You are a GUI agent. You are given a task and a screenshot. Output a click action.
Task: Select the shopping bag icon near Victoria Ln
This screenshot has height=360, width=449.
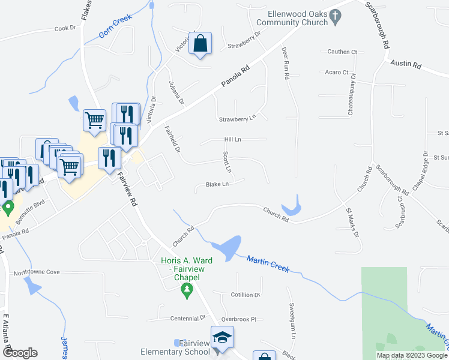click(x=201, y=45)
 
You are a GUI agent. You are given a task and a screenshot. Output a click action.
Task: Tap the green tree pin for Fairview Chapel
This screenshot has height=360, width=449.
click(x=187, y=291)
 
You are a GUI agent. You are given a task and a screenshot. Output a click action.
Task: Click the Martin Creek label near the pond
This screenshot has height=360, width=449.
click(x=268, y=263)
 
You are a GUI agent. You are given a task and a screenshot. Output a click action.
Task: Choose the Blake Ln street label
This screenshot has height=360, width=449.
click(x=217, y=185)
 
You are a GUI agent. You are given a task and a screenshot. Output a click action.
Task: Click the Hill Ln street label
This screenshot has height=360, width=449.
click(x=232, y=139)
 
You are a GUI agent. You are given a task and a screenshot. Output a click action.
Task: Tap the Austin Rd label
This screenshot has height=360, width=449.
click(x=406, y=63)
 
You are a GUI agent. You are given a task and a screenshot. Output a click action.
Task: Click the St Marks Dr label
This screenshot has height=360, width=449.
click(x=352, y=221)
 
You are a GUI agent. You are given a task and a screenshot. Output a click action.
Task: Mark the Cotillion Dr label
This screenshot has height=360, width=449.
click(x=245, y=295)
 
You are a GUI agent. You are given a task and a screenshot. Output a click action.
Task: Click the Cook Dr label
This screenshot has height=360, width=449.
click(x=65, y=28)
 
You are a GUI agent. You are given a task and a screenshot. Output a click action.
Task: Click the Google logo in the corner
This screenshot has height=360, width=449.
click(x=19, y=353)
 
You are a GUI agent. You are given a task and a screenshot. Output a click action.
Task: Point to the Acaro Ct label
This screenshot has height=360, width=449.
click(x=336, y=73)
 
